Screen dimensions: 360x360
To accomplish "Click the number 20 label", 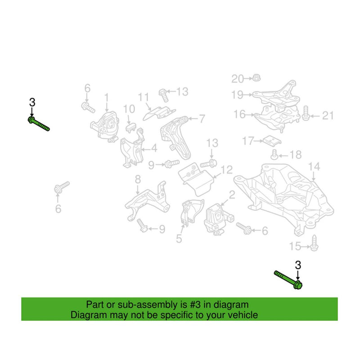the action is pyautogui.click(x=237, y=79).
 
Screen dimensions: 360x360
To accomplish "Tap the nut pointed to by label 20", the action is pyautogui.click(x=256, y=78).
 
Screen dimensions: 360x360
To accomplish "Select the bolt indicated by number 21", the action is pyautogui.click(x=305, y=113).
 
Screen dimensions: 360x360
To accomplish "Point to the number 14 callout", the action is pyautogui.click(x=314, y=166).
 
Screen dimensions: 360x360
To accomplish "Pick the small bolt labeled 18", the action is pyautogui.click(x=274, y=154).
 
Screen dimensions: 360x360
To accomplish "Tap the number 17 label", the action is pyautogui.click(x=248, y=141).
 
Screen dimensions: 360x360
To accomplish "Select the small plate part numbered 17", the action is pyautogui.click(x=272, y=140).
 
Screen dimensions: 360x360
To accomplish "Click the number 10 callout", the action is pyautogui.click(x=129, y=109).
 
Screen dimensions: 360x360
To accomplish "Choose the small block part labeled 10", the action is pyautogui.click(x=131, y=127).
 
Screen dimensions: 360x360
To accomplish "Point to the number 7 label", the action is pyautogui.click(x=202, y=119).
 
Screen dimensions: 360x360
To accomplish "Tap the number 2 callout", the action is pyautogui.click(x=232, y=195).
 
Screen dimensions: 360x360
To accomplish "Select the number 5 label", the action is pyautogui.click(x=179, y=238).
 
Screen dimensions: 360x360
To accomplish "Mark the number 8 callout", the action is pyautogui.click(x=138, y=179).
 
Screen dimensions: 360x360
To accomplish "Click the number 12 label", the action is pyautogui.click(x=227, y=170).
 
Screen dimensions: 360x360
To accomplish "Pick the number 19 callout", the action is pyautogui.click(x=237, y=94).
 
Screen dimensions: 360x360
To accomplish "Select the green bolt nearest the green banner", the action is pyautogui.click(x=288, y=279).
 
